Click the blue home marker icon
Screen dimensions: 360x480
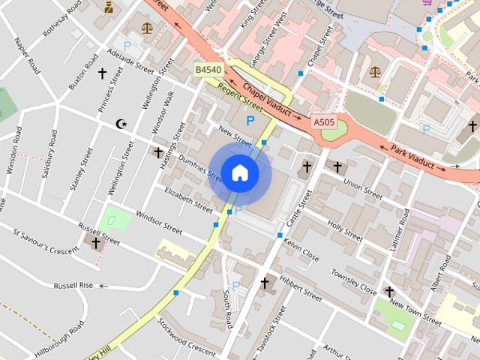[239, 173]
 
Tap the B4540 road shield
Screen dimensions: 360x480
[208, 70]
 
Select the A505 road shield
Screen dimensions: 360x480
[323, 121]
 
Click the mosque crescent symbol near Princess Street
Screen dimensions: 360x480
[121, 124]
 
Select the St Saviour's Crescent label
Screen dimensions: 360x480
[45, 241]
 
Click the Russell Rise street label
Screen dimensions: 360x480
[73, 286]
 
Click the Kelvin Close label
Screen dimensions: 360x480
[301, 252]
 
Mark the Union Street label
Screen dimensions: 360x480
[363, 184]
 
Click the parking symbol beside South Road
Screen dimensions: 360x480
[236, 286]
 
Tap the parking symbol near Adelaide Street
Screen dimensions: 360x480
[127, 46]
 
